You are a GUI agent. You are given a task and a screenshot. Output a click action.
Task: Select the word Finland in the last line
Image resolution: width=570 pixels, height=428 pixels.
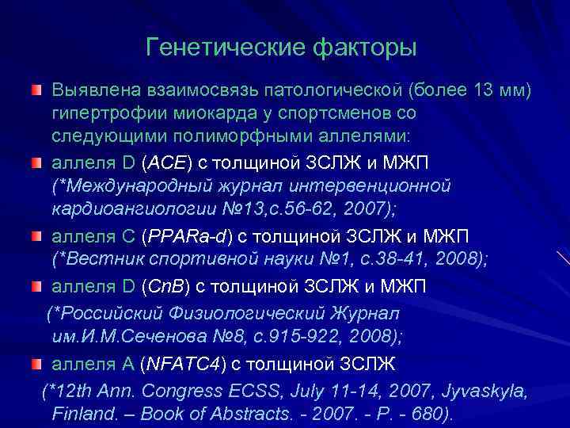pos(82,413)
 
